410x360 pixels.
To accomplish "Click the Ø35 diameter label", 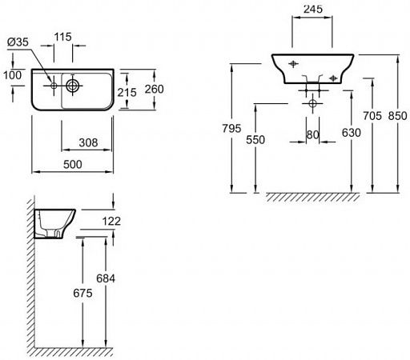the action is click(x=18, y=42).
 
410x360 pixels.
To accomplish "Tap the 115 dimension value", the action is click(x=62, y=37).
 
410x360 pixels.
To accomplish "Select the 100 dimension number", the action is click(x=12, y=75).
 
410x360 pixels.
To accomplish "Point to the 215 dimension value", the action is click(x=127, y=93).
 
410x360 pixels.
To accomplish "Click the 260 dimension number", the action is click(x=155, y=89).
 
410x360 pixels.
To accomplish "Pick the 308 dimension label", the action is click(x=88, y=142).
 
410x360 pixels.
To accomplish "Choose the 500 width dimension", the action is click(x=73, y=164).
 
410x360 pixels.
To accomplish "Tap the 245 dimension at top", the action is click(x=313, y=9).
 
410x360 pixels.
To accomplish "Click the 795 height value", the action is click(x=231, y=128).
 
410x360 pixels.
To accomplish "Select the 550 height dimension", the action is click(x=255, y=140).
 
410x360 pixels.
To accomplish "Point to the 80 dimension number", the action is click(x=312, y=134).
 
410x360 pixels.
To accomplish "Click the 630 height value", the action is click(x=352, y=133).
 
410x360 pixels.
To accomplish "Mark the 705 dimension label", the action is click(x=372, y=116).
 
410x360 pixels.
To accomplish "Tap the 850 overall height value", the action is click(x=398, y=116).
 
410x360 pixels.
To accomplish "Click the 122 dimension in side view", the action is click(x=111, y=221).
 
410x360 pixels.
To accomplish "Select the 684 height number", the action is click(x=106, y=278).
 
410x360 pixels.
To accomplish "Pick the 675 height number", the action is click(x=82, y=293).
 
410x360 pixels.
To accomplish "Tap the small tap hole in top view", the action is click(x=54, y=86).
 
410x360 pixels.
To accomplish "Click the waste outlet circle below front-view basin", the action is click(x=312, y=103).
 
